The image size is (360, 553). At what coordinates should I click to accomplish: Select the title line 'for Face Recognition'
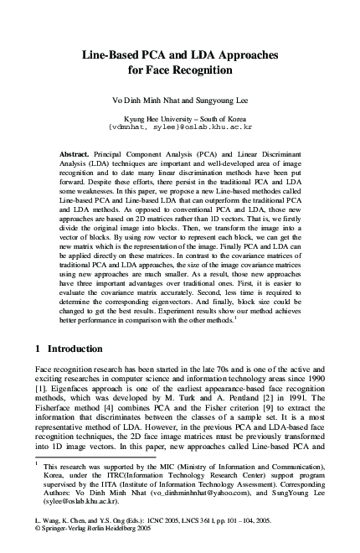tap(180, 71)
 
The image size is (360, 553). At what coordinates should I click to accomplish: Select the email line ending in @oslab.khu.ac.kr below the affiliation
tap(180, 128)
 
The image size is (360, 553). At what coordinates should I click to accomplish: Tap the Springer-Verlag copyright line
tap(92, 530)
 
